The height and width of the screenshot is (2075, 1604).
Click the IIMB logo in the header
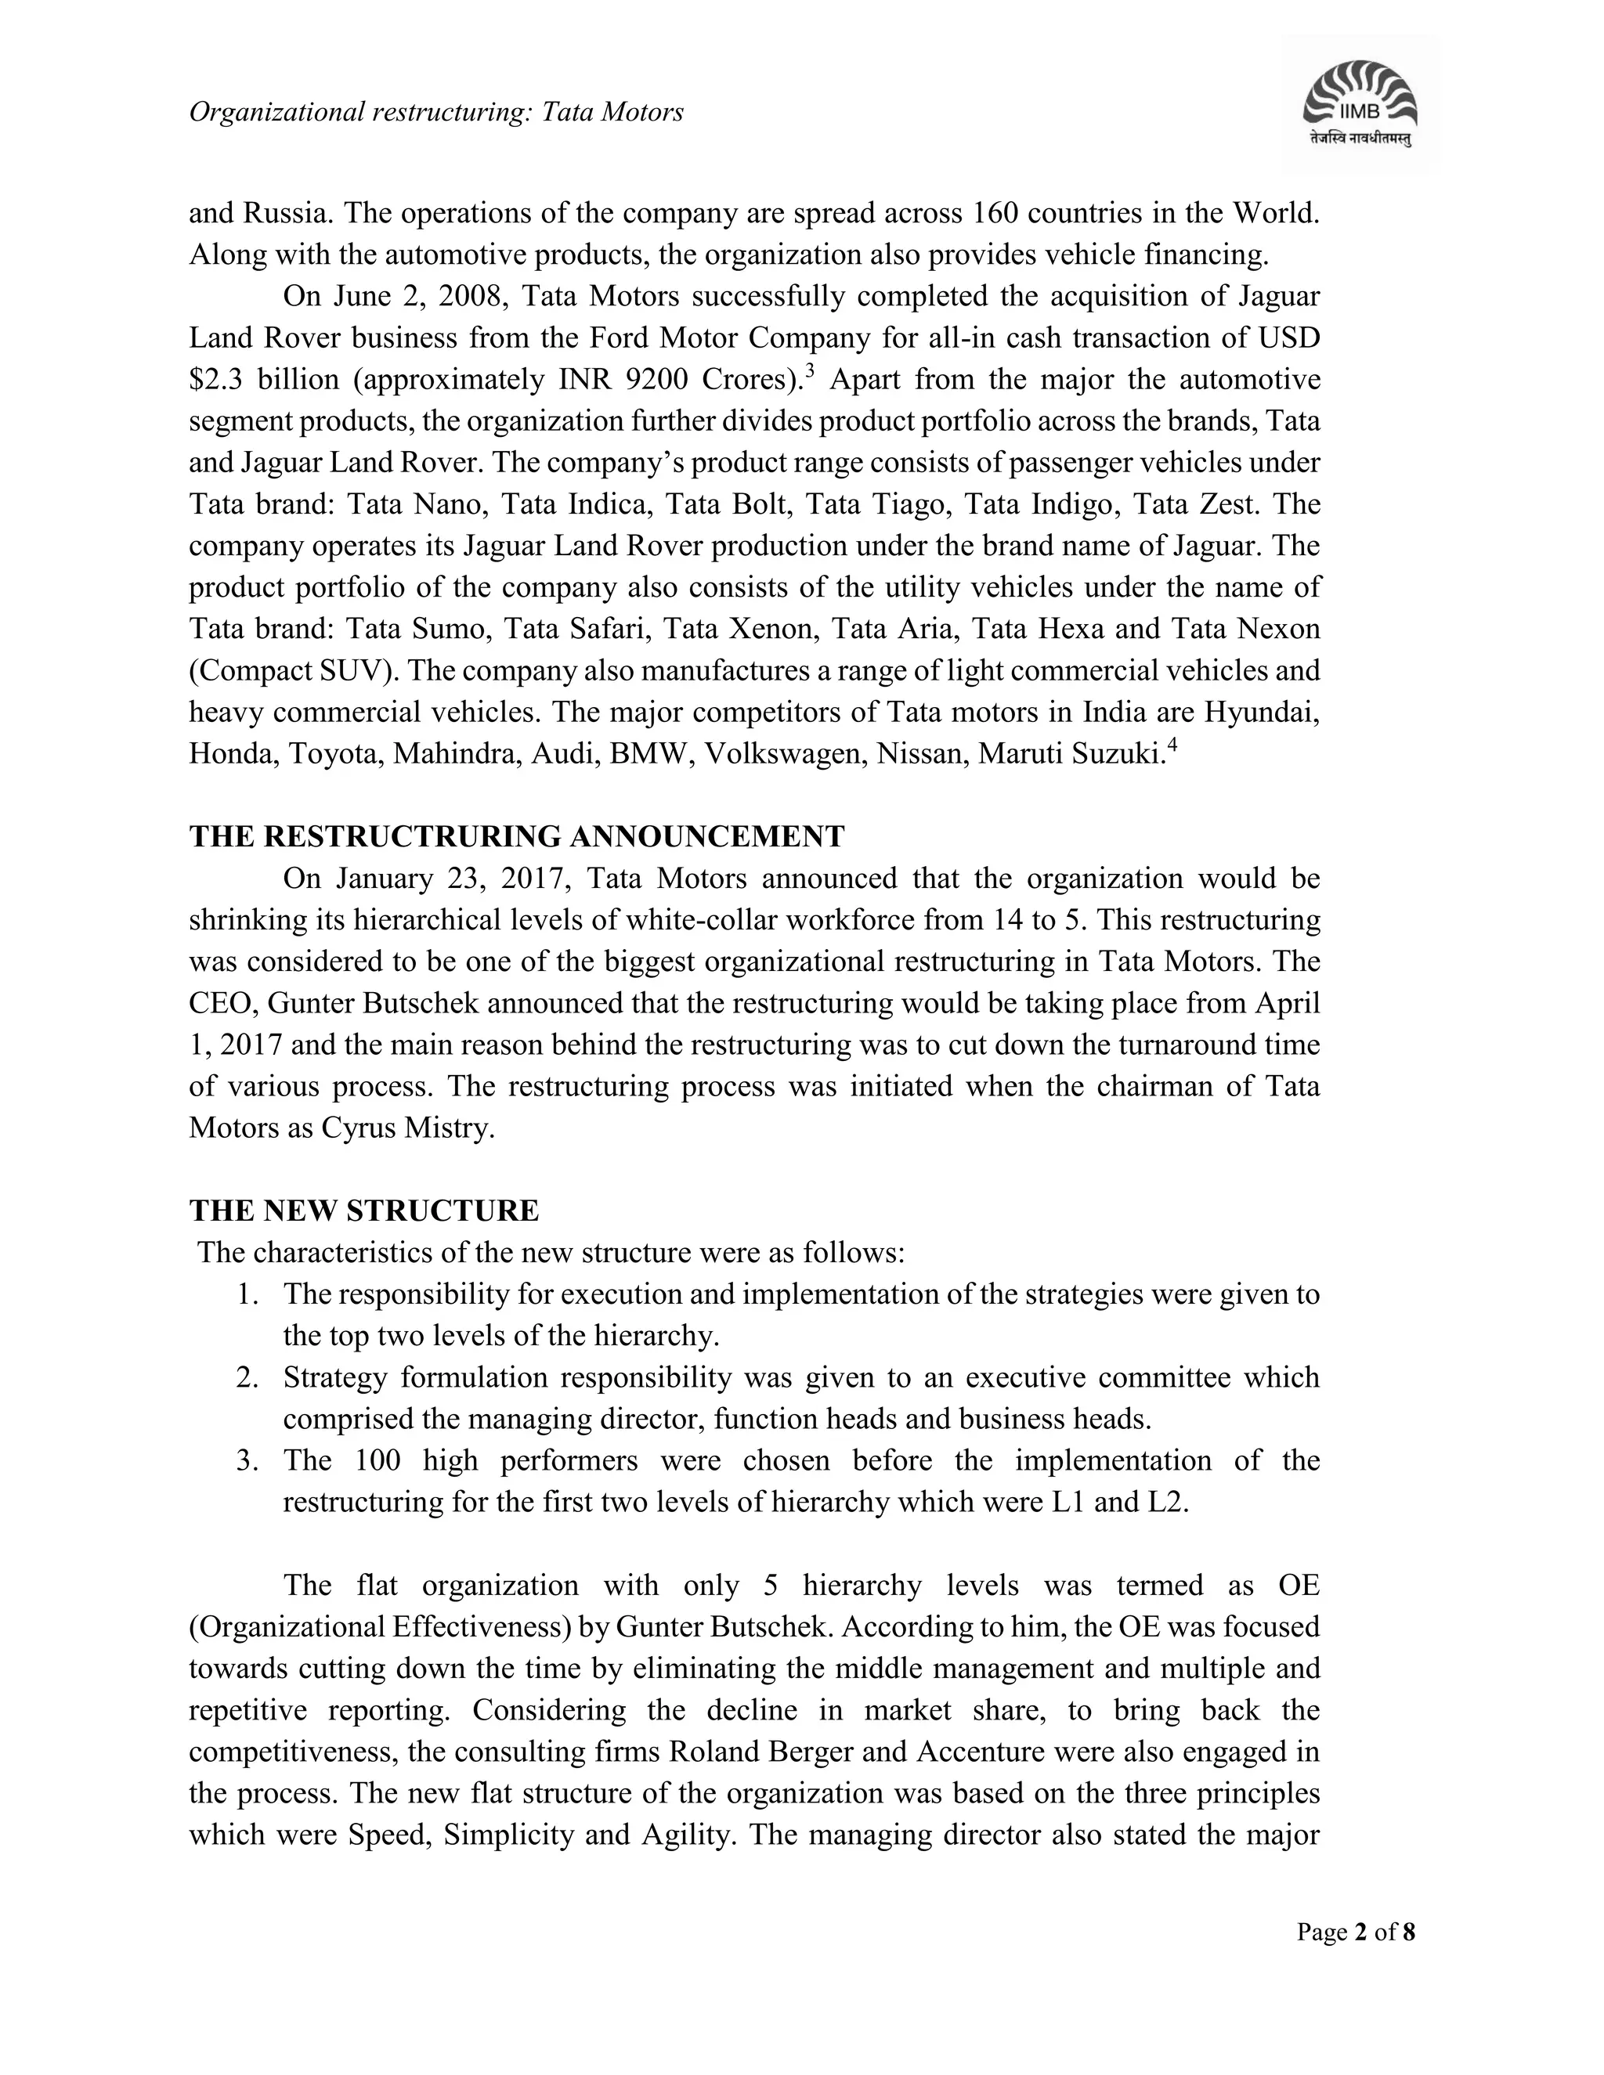tap(1360, 103)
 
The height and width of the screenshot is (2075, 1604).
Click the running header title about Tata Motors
tap(436, 113)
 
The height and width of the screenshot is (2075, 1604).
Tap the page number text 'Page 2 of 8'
tap(1356, 1932)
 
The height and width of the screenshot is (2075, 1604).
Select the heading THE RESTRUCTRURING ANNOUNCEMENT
tap(516, 837)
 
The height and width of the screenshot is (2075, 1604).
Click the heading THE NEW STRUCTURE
tap(364, 1211)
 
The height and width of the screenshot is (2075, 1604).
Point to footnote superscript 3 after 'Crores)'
tap(810, 370)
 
